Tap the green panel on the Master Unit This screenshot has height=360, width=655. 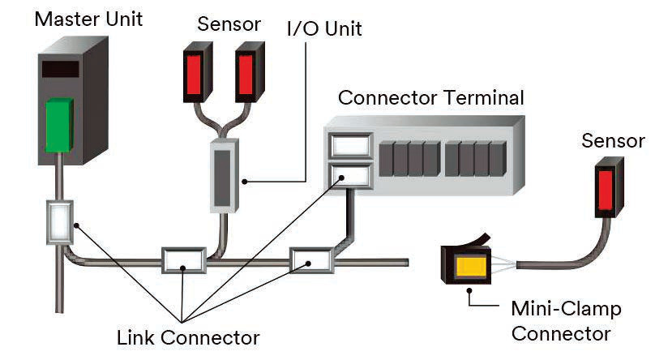(61, 126)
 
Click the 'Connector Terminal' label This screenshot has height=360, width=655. (430, 98)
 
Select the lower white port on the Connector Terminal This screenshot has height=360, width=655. (350, 174)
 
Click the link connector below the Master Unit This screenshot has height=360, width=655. (60, 222)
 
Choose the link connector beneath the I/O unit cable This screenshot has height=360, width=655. (186, 261)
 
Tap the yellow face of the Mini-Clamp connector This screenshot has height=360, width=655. (471, 266)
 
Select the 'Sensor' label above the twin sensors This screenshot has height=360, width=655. (230, 24)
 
